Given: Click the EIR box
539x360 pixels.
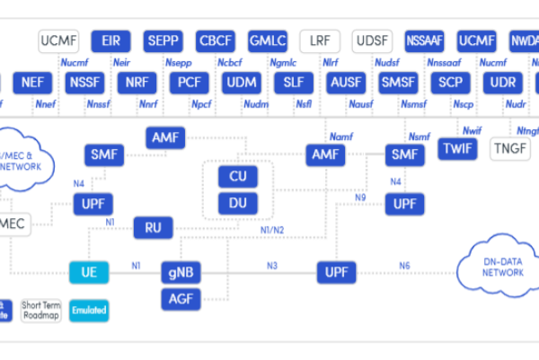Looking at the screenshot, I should tap(111, 41).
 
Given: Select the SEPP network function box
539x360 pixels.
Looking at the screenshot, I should tap(163, 41).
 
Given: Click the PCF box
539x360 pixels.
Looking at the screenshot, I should tap(189, 83).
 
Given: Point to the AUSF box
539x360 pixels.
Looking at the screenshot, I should tap(346, 83).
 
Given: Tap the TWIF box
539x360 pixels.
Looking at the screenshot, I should tap(459, 149).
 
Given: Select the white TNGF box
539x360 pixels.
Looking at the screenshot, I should tap(511, 149).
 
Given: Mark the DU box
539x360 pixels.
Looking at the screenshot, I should tap(238, 203).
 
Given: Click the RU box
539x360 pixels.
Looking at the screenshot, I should tap(154, 227).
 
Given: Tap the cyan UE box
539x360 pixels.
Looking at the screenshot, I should tap(90, 271).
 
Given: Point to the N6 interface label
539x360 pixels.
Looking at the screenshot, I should tap(405, 265).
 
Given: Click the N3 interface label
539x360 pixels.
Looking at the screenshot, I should tap(271, 265).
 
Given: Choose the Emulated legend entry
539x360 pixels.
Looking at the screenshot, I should tap(90, 311).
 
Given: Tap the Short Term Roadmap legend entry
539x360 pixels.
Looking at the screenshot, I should tap(41, 311).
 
